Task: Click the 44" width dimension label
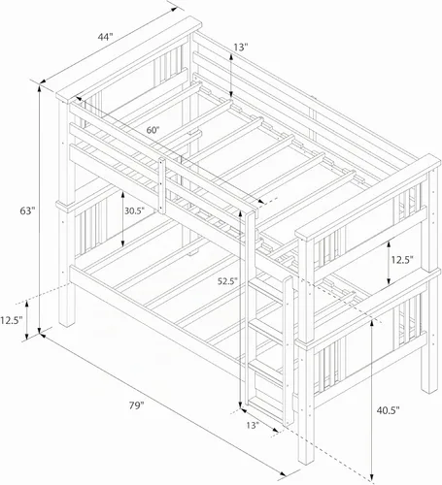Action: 105,37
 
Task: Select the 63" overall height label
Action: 27,210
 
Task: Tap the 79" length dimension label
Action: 136,405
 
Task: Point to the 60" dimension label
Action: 153,130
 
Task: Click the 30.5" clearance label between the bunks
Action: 134,210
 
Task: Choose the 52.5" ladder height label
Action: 227,281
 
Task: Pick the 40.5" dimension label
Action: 388,410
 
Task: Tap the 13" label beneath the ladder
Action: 253,425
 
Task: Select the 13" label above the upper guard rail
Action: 241,48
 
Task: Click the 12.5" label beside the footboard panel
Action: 402,259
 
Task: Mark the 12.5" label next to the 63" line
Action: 12,320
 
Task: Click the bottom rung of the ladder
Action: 266,404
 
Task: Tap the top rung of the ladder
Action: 266,288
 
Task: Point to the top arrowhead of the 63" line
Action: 40,86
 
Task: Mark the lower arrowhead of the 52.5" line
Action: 240,405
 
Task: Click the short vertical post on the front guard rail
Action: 161,185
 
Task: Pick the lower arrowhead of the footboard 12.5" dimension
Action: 389,281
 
